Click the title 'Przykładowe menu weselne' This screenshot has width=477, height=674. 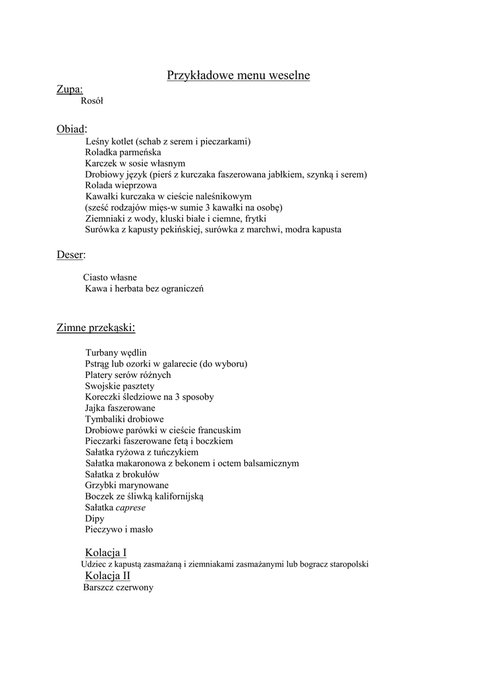coord(238,76)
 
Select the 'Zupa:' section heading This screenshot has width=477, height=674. coord(69,90)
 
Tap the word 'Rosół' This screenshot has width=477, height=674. coord(92,101)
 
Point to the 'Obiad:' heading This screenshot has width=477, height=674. coord(72,129)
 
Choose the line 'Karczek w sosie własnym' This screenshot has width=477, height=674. coord(135,163)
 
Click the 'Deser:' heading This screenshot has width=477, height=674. coord(71,255)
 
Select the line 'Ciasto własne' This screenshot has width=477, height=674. coord(110,278)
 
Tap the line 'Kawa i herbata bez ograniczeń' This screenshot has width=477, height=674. coord(144,289)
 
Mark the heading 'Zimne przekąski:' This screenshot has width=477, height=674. coord(96,327)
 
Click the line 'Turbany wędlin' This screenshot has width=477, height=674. coord(116,353)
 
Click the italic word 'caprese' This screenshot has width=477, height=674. coord(130,507)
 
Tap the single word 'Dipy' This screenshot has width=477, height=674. coord(95,519)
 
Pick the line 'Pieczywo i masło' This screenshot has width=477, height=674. coord(119,530)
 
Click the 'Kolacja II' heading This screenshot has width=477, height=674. coord(108,576)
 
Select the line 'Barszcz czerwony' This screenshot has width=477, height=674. coord(119,588)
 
